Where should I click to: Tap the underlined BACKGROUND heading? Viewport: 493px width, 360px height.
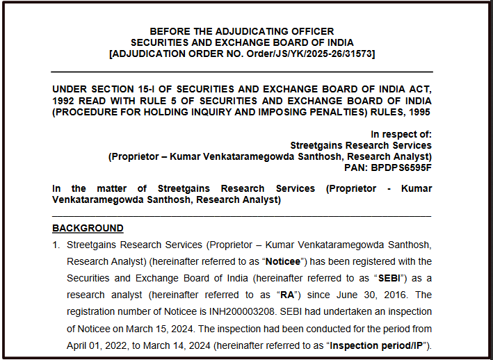88,228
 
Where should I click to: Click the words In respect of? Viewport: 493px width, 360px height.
401,134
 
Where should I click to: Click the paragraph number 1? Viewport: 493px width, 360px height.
56,245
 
